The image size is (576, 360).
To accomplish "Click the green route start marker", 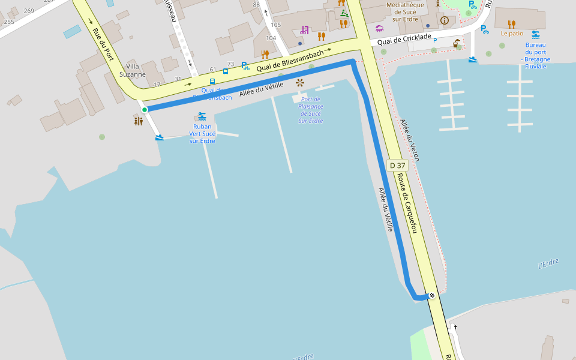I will click(145, 109).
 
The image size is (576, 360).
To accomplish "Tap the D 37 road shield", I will click(397, 165).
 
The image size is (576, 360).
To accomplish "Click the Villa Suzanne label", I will click(133, 70).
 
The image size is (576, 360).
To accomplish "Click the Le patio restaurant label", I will click(512, 34).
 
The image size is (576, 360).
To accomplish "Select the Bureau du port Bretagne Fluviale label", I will click(535, 55).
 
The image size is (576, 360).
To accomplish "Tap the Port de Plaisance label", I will click(311, 110).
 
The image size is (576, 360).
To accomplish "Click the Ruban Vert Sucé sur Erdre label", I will click(202, 134).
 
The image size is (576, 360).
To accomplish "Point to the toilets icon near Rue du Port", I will click(139, 121).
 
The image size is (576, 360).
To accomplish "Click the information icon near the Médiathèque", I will click(445, 20).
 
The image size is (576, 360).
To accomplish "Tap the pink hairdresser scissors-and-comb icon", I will click(305, 29).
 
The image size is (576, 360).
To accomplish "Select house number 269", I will click(29, 11).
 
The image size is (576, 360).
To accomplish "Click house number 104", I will click(271, 38).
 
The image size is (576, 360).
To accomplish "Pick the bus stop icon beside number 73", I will click(226, 71).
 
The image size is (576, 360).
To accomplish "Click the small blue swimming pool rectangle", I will click(72, 31).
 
